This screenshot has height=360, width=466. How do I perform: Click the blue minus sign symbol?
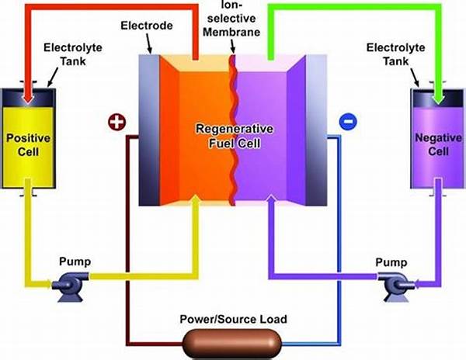pyautogui.click(x=347, y=122)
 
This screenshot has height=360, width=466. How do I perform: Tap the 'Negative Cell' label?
pyautogui.click(x=436, y=144)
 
